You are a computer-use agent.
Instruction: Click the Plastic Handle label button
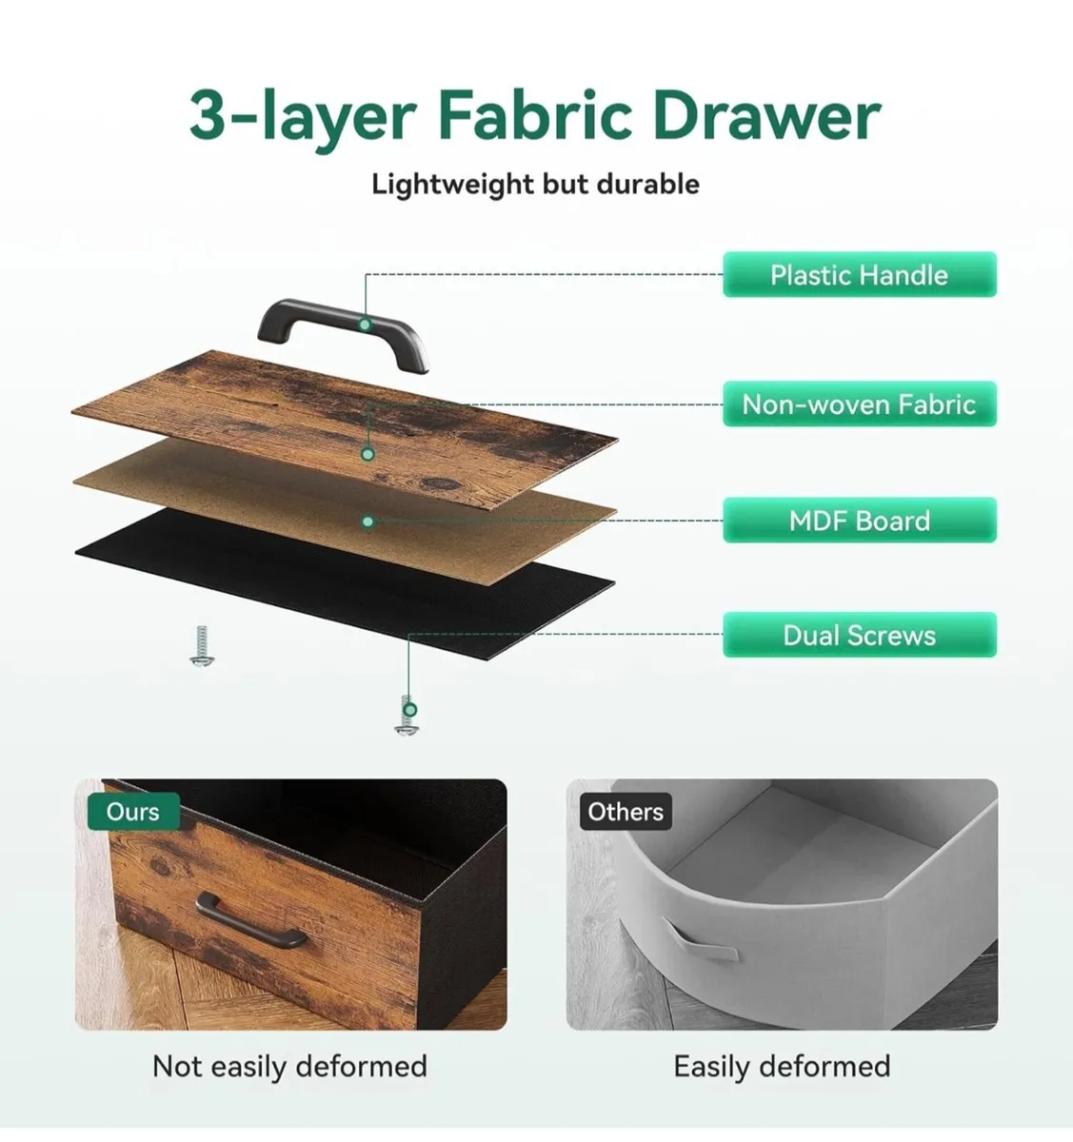[x=860, y=274]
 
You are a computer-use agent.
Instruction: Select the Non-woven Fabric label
[x=860, y=404]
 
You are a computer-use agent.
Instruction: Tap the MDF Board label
[x=860, y=520]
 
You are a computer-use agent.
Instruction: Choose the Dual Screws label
[x=860, y=635]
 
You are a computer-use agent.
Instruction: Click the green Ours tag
[x=133, y=812]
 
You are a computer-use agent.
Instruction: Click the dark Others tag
[x=626, y=812]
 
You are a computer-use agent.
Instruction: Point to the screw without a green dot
[x=202, y=646]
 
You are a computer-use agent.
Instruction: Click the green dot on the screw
[x=409, y=710]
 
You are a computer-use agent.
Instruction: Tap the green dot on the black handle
[x=365, y=325]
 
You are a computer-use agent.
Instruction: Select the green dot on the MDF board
[x=368, y=522]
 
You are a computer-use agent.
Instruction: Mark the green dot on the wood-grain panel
[x=368, y=454]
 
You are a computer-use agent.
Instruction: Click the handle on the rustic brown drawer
[x=250, y=920]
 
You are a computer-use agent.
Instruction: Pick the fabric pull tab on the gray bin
[x=699, y=938]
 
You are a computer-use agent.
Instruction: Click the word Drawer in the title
[x=766, y=115]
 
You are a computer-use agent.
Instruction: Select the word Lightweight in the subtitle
[x=453, y=186]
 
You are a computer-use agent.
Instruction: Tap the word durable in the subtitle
[x=647, y=184]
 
